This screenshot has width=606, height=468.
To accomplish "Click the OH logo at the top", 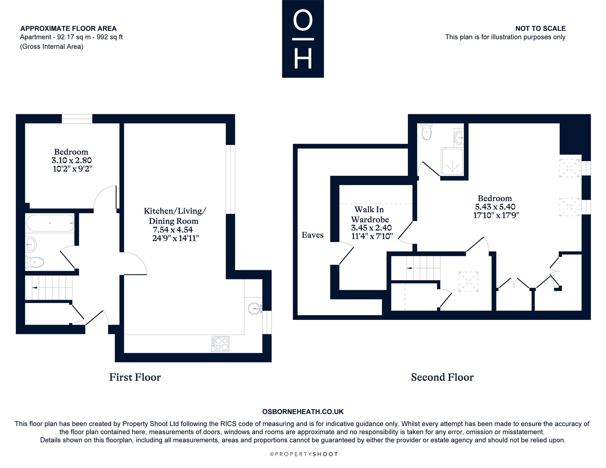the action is pos(303,39).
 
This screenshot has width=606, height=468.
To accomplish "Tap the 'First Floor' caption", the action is pos(135,377).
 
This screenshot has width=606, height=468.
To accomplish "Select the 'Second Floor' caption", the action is pos(442,377).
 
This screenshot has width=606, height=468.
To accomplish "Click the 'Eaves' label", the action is pos(312,235).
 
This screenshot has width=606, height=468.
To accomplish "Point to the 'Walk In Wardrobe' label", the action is pos(370,214).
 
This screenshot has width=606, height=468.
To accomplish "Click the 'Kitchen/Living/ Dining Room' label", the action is pos(175,216).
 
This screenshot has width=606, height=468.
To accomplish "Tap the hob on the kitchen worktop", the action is pos(220,344).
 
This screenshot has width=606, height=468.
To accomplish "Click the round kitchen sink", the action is pos(254,309).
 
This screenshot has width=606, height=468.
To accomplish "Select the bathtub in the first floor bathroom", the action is pos(50,223).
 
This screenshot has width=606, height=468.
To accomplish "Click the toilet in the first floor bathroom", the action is pos(35,262).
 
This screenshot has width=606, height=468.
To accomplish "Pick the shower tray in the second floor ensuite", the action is pos(452,162).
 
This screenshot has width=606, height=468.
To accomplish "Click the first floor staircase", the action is pos(49,288).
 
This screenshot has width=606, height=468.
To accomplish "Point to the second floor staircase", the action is pos(415,268).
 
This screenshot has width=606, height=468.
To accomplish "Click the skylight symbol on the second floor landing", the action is pos(468,282).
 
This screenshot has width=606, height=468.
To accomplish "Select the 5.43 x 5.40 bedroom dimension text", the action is pos(495,207).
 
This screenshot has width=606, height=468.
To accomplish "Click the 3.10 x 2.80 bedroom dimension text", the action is pos(72,160).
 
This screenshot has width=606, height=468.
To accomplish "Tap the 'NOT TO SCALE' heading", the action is pos(541,28).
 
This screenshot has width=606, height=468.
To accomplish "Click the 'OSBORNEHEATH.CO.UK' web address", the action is pos(303,412).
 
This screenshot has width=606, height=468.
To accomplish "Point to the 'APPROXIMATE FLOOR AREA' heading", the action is pos(68,28).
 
